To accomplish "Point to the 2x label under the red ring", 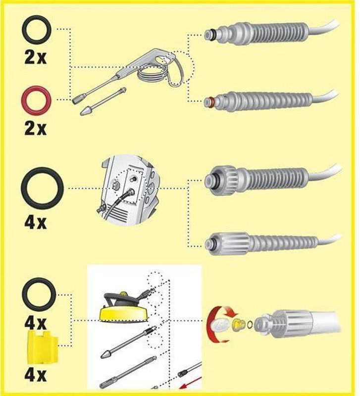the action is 35,128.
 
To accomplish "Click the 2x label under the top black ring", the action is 35,57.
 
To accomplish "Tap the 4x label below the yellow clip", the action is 35,375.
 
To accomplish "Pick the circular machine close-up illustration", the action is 128,190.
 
